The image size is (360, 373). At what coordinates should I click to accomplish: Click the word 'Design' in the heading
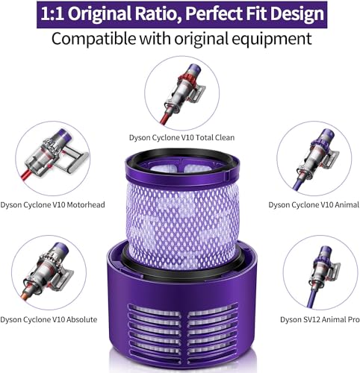[297, 13]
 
